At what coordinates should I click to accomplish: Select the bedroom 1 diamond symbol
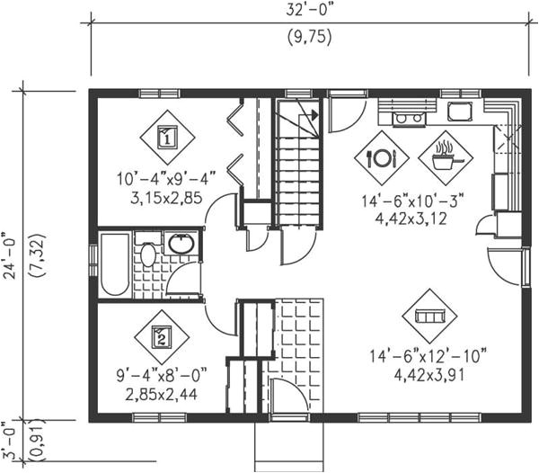[x=167, y=138]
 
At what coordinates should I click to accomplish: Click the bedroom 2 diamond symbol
[x=161, y=337]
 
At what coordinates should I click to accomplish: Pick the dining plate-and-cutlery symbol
[x=381, y=158]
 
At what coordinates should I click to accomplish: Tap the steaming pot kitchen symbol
[x=445, y=158]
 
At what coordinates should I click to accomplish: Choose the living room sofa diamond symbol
[x=429, y=316]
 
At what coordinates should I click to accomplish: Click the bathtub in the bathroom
[x=115, y=263]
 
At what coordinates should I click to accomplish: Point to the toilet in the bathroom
[x=149, y=254]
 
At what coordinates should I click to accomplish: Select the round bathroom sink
[x=181, y=244]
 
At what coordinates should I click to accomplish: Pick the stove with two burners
[x=408, y=117]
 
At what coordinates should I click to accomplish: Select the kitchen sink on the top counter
[x=461, y=112]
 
